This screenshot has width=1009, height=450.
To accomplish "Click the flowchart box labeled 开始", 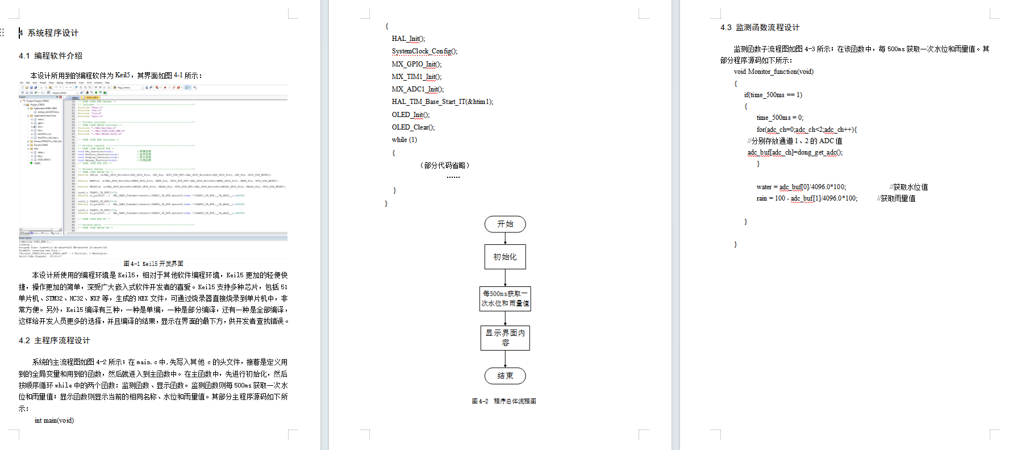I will pyautogui.click(x=505, y=224).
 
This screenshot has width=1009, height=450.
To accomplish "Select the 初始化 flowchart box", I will pyautogui.click(x=505, y=257).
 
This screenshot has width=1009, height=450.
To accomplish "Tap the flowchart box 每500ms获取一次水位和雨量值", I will pyautogui.click(x=505, y=298).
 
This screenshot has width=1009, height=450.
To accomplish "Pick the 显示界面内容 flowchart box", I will pyautogui.click(x=505, y=338).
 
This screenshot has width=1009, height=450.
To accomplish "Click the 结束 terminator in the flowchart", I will pyautogui.click(x=505, y=376).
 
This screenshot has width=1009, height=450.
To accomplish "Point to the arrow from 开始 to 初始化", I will pyautogui.click(x=505, y=239).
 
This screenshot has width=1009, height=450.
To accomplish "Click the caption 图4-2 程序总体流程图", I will pyautogui.click(x=503, y=401).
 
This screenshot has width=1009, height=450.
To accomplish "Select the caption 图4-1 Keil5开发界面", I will pyautogui.click(x=153, y=264).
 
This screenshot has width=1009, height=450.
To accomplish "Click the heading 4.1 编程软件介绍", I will pyautogui.click(x=51, y=56).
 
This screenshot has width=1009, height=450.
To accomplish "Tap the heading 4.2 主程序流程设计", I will pyautogui.click(x=54, y=340).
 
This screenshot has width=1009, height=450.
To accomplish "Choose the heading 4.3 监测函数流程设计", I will pyautogui.click(x=760, y=27).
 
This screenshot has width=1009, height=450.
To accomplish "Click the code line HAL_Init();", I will pyautogui.click(x=408, y=39).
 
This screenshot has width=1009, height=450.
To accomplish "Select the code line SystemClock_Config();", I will pyautogui.click(x=424, y=51).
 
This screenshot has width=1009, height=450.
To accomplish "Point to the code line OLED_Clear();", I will pyautogui.click(x=413, y=127).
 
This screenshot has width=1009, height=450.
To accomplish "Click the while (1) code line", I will pyautogui.click(x=404, y=140).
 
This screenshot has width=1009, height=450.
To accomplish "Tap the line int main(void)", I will pyautogui.click(x=54, y=420).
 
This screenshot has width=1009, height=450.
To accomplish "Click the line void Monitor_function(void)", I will pyautogui.click(x=773, y=72).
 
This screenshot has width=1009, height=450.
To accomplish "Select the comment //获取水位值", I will pyautogui.click(x=908, y=187).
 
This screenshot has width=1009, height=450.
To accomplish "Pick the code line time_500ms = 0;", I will pyautogui.click(x=779, y=118).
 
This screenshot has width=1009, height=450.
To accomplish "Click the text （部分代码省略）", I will pyautogui.click(x=445, y=165).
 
